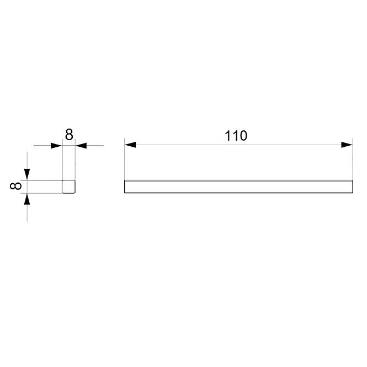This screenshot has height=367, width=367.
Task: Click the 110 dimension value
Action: point(236,136)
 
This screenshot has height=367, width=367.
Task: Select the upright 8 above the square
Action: point(69,135)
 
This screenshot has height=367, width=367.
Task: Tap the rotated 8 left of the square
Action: point(15,187)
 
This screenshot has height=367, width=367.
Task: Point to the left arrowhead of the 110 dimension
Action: point(130,145)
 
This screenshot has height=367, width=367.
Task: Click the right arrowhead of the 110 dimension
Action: point(347,145)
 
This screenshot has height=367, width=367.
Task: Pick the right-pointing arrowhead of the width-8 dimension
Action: point(56,146)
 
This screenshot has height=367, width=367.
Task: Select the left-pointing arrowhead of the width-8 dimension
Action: point(81,146)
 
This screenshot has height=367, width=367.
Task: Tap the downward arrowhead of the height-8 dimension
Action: point(27,174)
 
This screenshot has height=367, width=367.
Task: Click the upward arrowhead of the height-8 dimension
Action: point(27,199)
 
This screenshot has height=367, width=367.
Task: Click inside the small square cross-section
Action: point(68,187)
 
